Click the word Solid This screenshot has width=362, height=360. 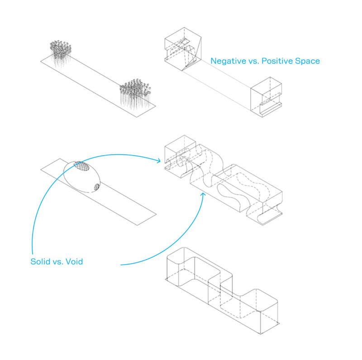tap(40, 261)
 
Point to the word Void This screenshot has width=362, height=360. tap(73, 261)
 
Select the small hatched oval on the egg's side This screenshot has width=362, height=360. tap(96, 187)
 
